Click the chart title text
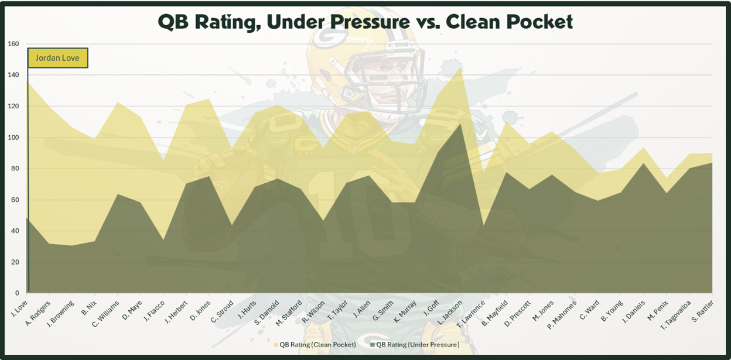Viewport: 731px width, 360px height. point(365,22)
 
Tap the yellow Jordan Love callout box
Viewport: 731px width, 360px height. point(57,58)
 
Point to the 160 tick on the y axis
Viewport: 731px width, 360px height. point(13,44)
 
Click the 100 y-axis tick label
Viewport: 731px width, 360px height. point(13,138)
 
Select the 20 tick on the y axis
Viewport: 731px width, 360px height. point(15,262)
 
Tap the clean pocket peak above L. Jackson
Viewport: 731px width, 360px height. point(460,68)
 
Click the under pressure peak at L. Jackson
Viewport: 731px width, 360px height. point(460,124)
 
